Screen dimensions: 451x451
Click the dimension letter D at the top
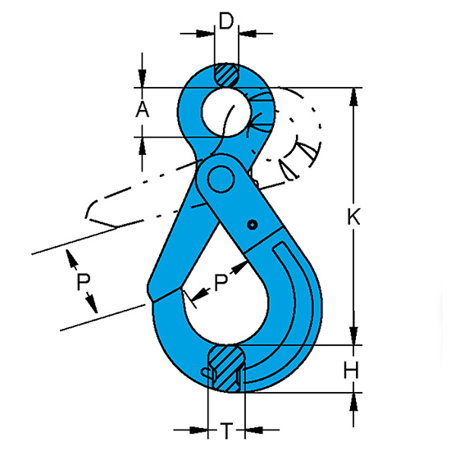click(226, 20)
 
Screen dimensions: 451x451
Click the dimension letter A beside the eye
click(143, 110)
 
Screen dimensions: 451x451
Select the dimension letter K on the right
click(353, 216)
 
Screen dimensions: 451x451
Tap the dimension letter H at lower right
click(351, 370)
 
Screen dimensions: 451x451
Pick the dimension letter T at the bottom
click(226, 430)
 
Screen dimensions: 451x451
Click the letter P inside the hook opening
click(221, 282)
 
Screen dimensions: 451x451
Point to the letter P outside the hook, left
click(84, 281)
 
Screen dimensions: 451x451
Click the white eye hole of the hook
click(226, 112)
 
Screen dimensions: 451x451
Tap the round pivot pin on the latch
click(221, 179)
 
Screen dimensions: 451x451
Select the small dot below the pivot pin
click(253, 225)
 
